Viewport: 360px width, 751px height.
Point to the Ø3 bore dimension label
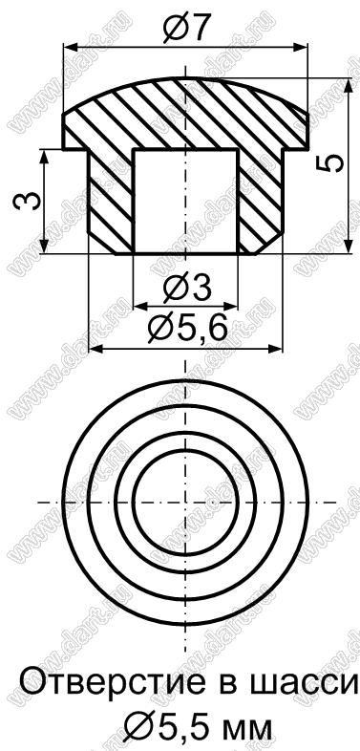[186, 290]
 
